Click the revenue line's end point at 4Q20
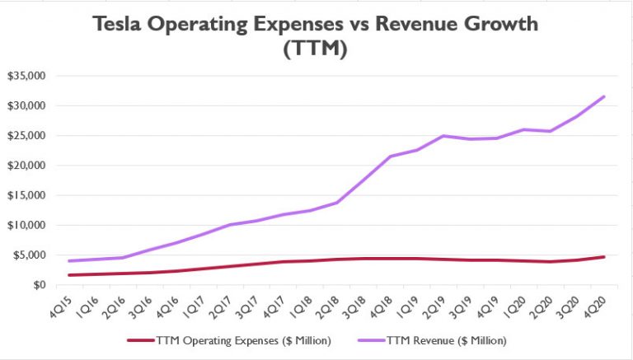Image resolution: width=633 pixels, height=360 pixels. click(605, 96)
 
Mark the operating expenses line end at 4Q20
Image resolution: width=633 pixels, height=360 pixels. click(605, 257)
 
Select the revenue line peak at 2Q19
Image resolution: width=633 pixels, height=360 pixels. click(444, 136)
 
